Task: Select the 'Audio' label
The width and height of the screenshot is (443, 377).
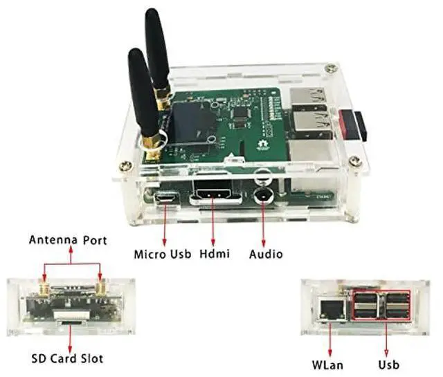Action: pos(266,254)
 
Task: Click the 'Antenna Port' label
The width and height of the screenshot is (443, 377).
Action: pos(68,241)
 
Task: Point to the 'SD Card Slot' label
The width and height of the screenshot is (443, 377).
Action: pos(67,358)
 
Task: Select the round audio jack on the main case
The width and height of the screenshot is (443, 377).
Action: pos(262,194)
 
